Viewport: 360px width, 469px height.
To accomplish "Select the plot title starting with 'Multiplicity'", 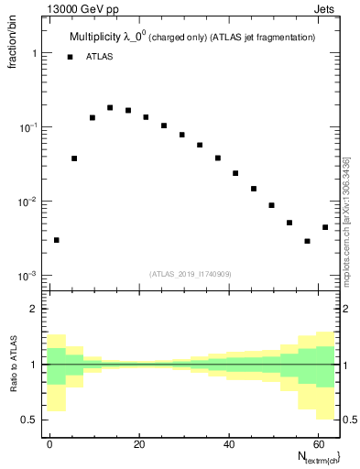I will (192, 37).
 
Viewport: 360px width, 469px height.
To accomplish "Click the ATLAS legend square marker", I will (71, 57).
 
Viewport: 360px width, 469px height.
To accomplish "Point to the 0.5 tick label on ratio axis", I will (29, 420).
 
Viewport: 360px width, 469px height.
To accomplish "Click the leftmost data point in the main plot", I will (57, 240).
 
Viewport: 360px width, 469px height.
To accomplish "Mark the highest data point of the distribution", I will (110, 107).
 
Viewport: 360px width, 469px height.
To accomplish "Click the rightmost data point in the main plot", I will (325, 227).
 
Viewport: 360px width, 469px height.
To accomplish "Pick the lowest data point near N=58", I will (307, 241).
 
